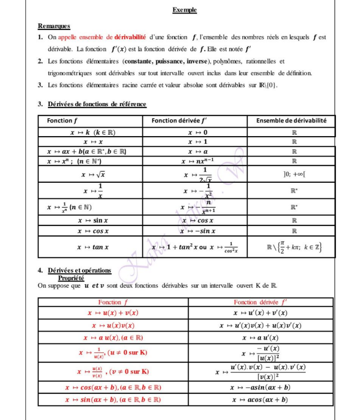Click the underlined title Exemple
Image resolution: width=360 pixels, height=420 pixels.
184,10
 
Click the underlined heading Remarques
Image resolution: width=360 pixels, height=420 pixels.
54,26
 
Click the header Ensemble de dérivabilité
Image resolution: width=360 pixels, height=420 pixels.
291,121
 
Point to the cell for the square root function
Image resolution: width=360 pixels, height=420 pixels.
90,174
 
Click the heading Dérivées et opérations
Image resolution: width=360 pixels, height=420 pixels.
79,271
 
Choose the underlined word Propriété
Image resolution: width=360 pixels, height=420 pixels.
71,278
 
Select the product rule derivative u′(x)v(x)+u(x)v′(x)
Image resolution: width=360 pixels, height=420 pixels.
260,325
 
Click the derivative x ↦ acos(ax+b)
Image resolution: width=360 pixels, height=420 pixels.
260,399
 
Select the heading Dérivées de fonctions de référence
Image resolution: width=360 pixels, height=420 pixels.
97,105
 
